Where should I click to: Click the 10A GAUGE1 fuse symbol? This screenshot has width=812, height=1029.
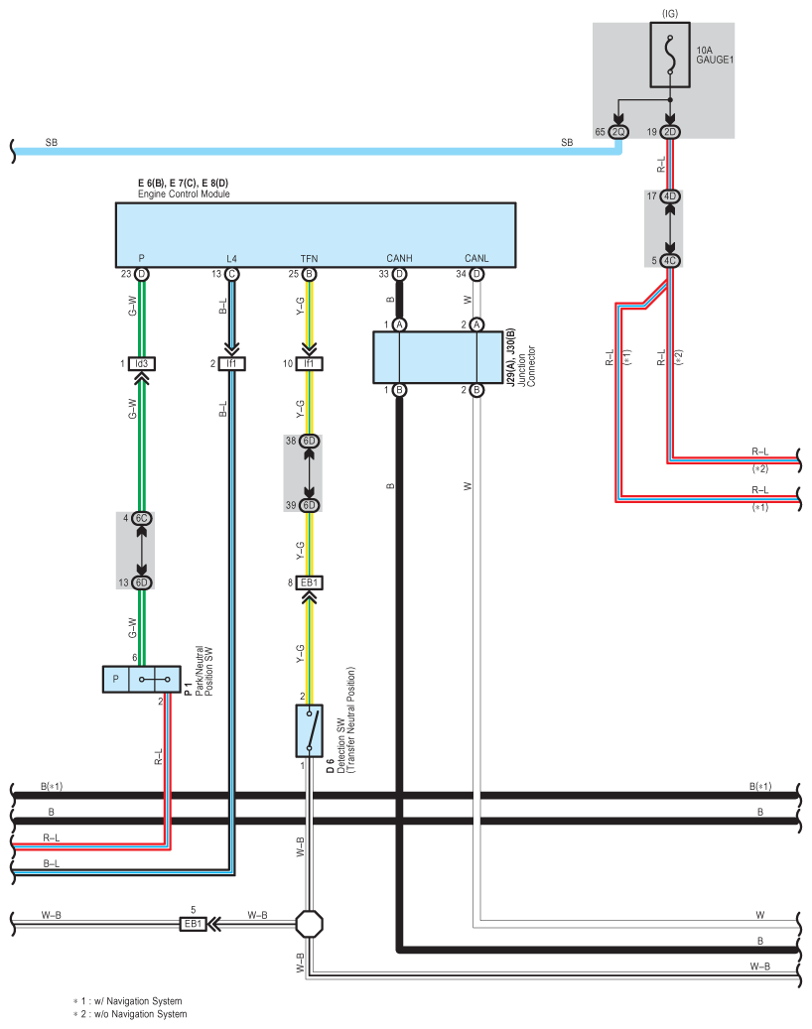click(670, 55)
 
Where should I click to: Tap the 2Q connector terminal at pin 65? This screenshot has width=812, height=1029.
click(618, 132)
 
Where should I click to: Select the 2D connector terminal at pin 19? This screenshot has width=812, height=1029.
click(670, 132)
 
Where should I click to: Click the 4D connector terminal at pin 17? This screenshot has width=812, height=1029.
click(670, 196)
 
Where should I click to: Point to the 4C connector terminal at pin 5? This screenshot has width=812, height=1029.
click(670, 261)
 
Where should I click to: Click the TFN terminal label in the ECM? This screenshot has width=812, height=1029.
click(309, 259)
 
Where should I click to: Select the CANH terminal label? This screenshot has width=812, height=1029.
click(399, 259)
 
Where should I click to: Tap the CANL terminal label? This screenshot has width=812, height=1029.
click(476, 259)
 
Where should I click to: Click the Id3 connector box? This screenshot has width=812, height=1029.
click(142, 363)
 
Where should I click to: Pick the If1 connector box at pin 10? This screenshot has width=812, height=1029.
click(309, 363)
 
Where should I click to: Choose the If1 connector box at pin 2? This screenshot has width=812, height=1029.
click(231, 363)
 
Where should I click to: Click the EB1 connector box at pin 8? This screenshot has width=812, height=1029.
click(309, 582)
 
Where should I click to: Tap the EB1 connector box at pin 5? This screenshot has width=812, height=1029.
click(193, 924)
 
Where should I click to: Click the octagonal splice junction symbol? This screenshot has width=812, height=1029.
click(309, 924)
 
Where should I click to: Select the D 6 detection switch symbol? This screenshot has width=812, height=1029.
click(309, 731)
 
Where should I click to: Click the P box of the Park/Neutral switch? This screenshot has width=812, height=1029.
click(116, 679)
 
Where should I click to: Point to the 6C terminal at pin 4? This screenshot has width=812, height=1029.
click(142, 518)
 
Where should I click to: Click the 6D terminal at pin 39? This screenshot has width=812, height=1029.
click(309, 505)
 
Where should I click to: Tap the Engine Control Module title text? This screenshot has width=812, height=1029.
click(184, 194)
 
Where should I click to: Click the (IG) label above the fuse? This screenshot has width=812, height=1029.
click(670, 13)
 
